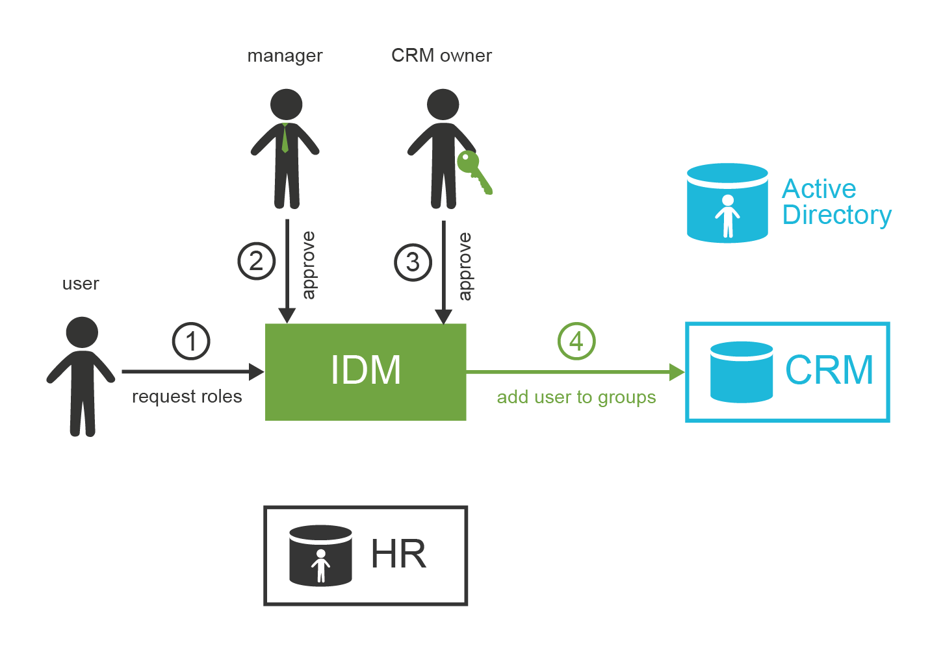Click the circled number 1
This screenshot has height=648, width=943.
coord(191,341)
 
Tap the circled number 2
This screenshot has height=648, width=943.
coord(256,261)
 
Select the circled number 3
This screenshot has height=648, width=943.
coord(413,262)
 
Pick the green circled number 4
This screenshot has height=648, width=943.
coord(576,341)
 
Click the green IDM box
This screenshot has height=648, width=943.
coord(365,371)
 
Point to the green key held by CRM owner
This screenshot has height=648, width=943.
coord(474,170)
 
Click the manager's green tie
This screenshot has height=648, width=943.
coord(285,138)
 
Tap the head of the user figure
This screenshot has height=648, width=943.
coord(82,332)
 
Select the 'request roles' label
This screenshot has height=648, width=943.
coord(187,397)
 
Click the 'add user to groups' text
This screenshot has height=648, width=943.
coord(576,397)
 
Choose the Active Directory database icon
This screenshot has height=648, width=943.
coord(727,203)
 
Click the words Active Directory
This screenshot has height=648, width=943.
coord(836,202)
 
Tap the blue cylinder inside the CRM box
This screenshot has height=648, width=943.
coord(741,372)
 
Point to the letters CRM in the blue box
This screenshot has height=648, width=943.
coord(829,370)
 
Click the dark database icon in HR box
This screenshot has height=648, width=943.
coord(320,556)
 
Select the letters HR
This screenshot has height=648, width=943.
coord(398,555)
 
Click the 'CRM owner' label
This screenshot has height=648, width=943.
coord(441,56)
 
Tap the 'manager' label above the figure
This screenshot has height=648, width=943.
coord(285,56)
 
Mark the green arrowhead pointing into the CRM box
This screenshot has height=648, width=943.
coord(677,372)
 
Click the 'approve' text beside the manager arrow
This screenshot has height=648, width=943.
coord(309,265)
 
